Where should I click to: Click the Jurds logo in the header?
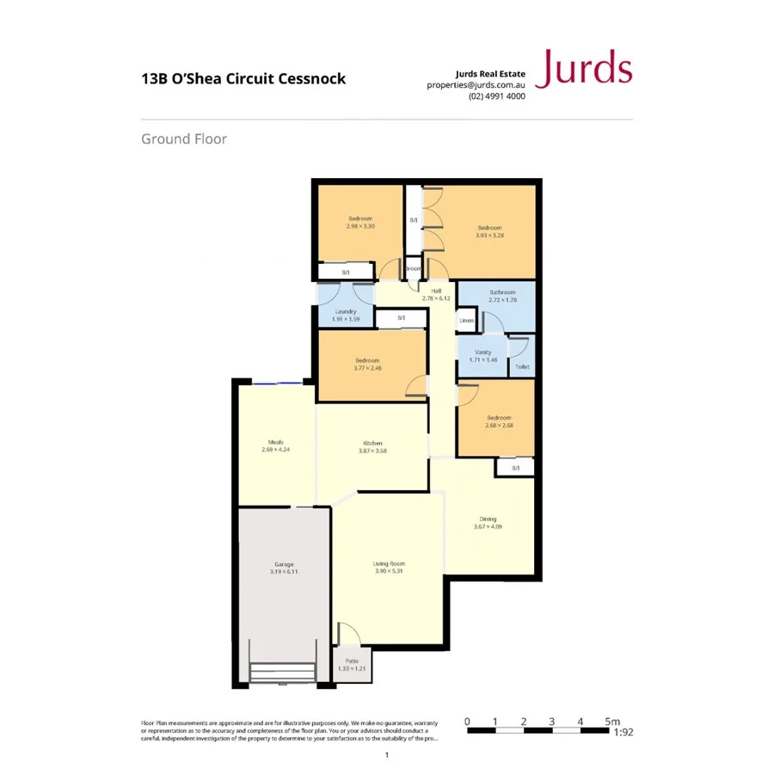(583, 69)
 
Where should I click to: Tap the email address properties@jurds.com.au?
(476, 85)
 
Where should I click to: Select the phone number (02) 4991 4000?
(496, 96)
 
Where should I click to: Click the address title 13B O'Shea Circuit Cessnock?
(243, 79)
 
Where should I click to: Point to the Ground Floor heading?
(184, 138)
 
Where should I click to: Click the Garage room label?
(284, 564)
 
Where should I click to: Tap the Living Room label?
(389, 563)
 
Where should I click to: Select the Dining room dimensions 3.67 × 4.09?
(488, 526)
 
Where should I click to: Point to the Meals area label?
(275, 442)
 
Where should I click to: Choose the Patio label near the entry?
(347, 660)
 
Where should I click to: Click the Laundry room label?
(346, 311)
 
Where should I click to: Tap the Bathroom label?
(496, 292)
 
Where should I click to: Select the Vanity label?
(482, 352)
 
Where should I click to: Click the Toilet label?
(522, 366)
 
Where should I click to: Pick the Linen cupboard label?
(466, 321)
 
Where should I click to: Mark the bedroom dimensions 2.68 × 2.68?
(498, 425)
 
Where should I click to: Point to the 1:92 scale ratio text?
(623, 734)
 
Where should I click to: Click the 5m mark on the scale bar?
(611, 722)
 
